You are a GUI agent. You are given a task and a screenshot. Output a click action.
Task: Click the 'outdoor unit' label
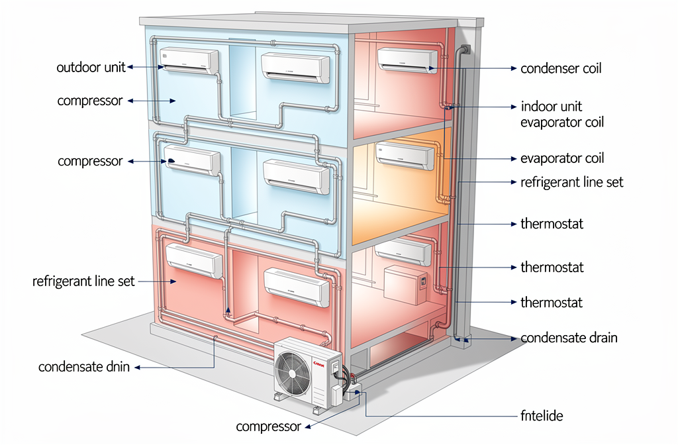[x=91, y=68]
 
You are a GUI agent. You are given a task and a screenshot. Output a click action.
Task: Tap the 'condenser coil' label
[x=561, y=68]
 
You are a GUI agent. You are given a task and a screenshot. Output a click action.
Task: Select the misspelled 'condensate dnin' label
[x=84, y=367]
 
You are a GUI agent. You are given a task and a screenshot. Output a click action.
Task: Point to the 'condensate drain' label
[x=569, y=338]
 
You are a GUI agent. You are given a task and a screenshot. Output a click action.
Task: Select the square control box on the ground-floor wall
[x=405, y=283]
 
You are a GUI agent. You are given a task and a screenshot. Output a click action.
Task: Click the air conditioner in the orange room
[x=406, y=155]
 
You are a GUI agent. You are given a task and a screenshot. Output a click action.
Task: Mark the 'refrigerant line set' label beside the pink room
[x=83, y=281]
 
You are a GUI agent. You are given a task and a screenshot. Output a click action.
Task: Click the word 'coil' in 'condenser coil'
[x=589, y=68]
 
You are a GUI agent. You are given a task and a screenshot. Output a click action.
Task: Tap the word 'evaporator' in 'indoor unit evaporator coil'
[x=550, y=123]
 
